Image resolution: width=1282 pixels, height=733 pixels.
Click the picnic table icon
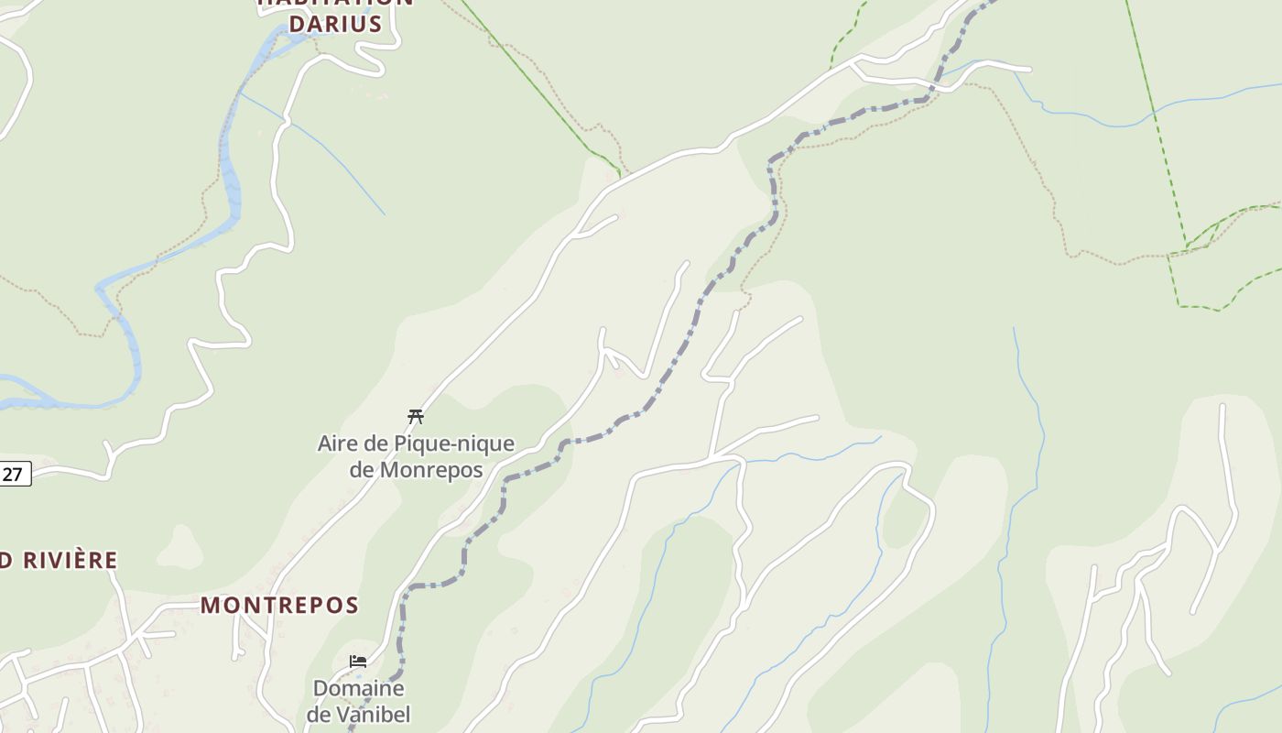pyautogui.click(x=416, y=417)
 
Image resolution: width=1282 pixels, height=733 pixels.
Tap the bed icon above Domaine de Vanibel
pyautogui.click(x=358, y=661)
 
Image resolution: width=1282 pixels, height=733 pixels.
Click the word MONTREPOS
pyautogui.click(x=279, y=606)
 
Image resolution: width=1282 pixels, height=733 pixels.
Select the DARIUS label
pyautogui.click(x=335, y=25)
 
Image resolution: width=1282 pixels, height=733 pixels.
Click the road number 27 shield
pyautogui.click(x=14, y=474)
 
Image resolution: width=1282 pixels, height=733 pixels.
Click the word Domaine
pyautogui.click(x=359, y=688)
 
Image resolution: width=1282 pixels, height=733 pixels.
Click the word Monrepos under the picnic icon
pyautogui.click(x=430, y=470)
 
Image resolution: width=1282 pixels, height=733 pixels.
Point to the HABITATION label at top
pyautogui.click(x=335, y=3)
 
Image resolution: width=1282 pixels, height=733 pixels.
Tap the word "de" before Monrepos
pyautogui.click(x=362, y=470)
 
